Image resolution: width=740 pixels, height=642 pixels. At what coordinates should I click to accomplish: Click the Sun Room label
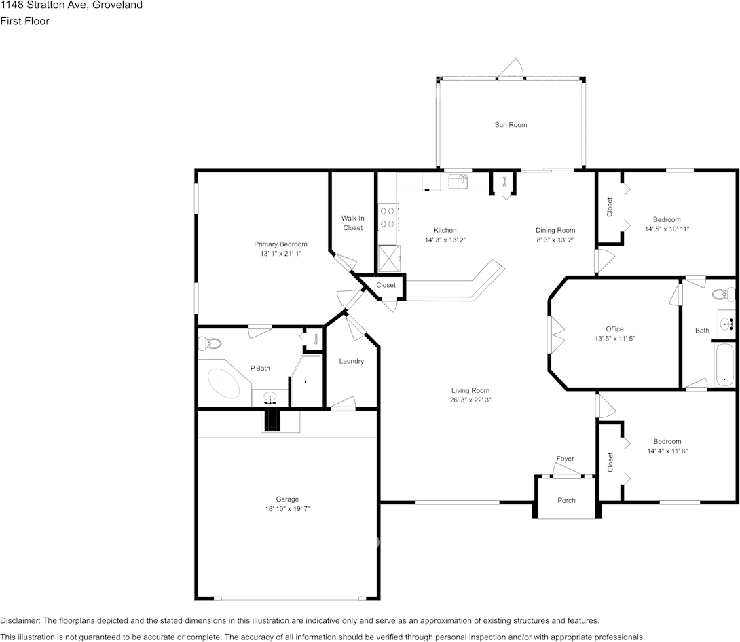510,125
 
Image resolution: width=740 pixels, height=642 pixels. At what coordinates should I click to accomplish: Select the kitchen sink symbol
458,181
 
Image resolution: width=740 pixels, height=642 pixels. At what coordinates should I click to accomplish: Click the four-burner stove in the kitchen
388,217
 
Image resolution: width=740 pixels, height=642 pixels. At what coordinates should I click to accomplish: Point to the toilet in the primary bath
210,343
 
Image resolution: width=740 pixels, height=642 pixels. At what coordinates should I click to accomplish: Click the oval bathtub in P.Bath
223,383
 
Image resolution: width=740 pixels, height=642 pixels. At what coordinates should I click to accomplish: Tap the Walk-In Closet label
352,223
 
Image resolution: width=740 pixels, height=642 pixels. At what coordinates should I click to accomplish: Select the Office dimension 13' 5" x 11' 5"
614,338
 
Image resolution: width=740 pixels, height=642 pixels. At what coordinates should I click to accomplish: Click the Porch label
566,501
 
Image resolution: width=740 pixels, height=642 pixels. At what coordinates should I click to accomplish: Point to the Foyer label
565,459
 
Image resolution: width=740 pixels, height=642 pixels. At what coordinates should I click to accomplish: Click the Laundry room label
351,362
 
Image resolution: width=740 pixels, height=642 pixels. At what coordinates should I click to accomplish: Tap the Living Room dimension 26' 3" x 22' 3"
470,400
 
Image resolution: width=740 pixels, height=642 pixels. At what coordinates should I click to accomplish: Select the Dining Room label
555,231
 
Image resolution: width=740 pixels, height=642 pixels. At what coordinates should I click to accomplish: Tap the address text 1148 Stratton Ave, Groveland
71,5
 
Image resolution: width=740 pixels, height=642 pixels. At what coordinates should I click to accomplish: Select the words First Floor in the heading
25,21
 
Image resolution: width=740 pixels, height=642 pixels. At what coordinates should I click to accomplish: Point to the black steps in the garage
272,421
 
